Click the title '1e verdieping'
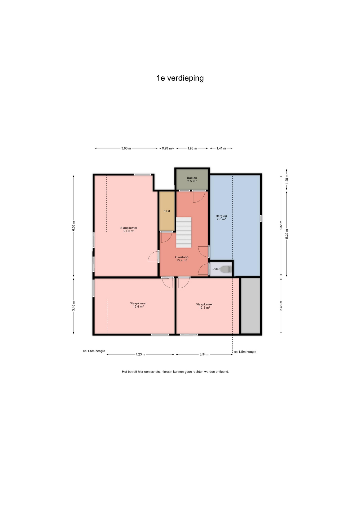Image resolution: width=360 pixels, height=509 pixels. click(x=180, y=78)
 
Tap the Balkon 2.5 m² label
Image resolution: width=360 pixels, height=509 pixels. click(x=192, y=179)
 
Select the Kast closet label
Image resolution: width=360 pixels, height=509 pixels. click(x=167, y=211)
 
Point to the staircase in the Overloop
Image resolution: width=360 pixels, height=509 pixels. click(x=184, y=232)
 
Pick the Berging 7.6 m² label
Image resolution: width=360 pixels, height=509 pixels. click(x=221, y=218)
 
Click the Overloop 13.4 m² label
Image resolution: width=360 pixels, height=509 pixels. click(x=182, y=259)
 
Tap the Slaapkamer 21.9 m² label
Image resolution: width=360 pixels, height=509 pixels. click(x=129, y=229)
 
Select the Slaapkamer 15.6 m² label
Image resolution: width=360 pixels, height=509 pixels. click(x=138, y=305)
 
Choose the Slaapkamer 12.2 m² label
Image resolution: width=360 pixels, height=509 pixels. click(x=204, y=306)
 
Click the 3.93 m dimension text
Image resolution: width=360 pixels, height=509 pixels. click(x=126, y=148)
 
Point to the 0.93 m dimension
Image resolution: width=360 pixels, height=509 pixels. click(x=167, y=148)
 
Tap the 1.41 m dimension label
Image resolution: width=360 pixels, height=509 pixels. click(x=221, y=148)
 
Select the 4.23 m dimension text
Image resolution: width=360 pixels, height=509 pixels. click(x=140, y=354)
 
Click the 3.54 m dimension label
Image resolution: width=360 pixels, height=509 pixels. click(x=204, y=354)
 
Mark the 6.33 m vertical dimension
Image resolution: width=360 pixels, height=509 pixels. click(x=74, y=226)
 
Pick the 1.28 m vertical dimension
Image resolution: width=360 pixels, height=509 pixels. click(x=287, y=179)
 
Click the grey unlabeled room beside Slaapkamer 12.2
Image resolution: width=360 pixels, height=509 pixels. click(x=250, y=305)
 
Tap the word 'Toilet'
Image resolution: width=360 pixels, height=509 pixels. click(x=216, y=269)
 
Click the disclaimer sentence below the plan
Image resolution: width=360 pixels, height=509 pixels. click(x=175, y=372)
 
